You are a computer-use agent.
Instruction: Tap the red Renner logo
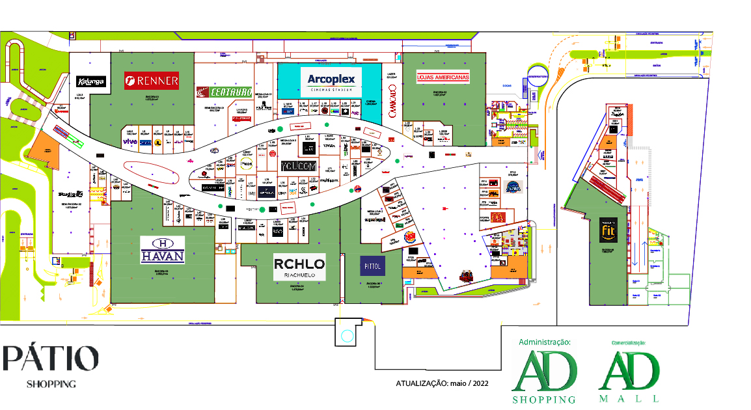click(152, 81)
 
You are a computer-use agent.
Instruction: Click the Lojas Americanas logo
click(443, 77)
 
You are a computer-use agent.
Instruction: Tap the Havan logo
click(163, 250)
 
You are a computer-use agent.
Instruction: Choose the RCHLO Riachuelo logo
click(299, 267)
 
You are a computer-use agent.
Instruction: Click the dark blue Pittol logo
click(373, 266)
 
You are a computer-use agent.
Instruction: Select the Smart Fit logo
click(608, 230)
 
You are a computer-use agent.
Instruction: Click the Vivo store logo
click(129, 141)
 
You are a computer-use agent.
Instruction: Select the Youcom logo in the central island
click(298, 167)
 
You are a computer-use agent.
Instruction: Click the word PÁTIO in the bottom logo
click(51, 359)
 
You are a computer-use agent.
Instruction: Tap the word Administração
click(545, 342)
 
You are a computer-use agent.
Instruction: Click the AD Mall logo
click(629, 375)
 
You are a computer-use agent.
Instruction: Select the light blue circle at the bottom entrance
click(347, 336)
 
